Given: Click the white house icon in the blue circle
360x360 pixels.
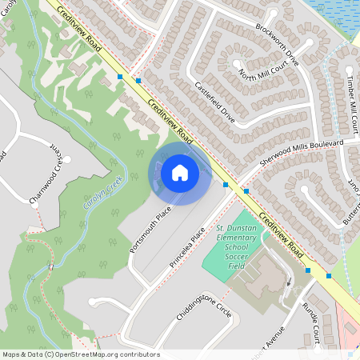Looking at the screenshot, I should pos(180,173).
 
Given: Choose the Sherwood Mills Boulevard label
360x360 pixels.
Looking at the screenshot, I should pos(302,154).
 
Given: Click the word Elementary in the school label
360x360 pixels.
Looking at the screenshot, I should pos(237,238).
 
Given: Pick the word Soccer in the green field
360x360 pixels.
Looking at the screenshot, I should pos(237,258).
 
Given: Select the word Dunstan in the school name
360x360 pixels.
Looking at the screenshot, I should pos(241,229).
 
